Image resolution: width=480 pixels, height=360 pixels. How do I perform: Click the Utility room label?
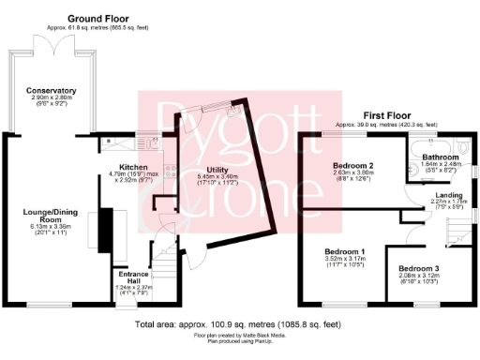(x=217, y=170)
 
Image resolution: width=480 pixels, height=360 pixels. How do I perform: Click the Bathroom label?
(x=439, y=157)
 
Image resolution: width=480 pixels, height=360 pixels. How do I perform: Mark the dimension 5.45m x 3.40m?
(x=217, y=177)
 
